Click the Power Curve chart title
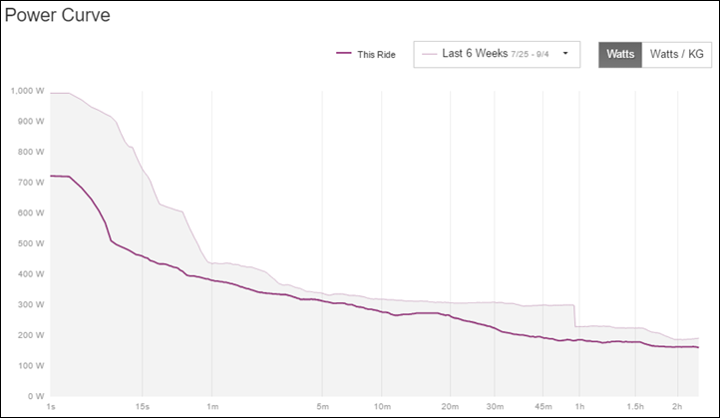tap(58, 16)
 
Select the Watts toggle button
tap(619, 54)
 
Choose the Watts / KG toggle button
tap(676, 54)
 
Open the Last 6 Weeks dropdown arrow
tap(566, 54)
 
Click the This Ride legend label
tap(376, 54)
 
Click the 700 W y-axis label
tap(27, 183)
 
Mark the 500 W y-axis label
tap(27, 243)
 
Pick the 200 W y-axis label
tap(27, 335)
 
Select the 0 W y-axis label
tap(32, 396)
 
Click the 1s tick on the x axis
tap(50, 407)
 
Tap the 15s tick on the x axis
tap(143, 407)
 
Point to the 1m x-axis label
tap(212, 407)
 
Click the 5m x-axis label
tap(321, 407)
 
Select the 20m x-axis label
tap(450, 407)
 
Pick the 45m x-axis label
tap(541, 407)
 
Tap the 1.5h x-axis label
tap(635, 407)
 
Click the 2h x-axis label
tap(677, 407)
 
